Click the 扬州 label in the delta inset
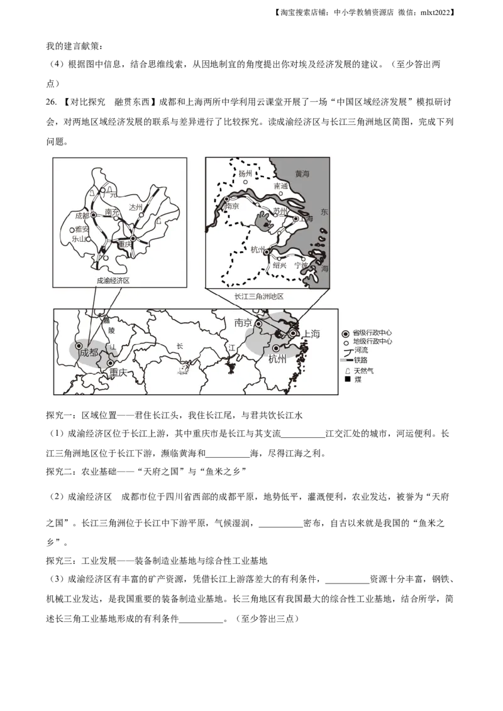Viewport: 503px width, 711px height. (x=245, y=173)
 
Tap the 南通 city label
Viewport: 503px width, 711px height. (x=281, y=186)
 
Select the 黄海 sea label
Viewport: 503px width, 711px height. (x=303, y=173)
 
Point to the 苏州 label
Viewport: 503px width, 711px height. (x=280, y=211)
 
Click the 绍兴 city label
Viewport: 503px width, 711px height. (x=279, y=266)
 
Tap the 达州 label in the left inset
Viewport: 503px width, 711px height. (x=136, y=207)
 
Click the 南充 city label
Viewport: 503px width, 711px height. (x=112, y=212)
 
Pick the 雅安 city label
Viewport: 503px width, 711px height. (x=82, y=229)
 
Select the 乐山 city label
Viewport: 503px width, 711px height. (x=78, y=239)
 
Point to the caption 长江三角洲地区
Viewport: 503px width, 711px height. (x=259, y=296)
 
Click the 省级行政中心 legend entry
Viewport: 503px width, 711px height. (x=372, y=333)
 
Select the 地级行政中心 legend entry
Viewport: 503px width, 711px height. (x=372, y=342)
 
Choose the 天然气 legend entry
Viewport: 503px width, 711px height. (x=363, y=371)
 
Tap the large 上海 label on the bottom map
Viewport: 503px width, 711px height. (x=311, y=334)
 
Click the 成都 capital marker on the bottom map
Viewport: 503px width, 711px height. (x=79, y=345)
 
